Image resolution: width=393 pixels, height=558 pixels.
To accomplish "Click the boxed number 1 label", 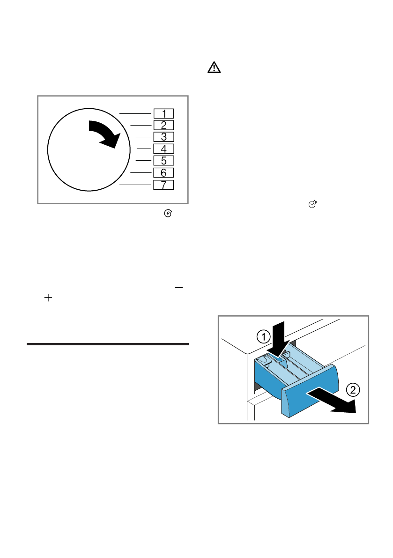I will click(x=163, y=113).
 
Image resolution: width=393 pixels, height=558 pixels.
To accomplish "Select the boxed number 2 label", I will click(x=163, y=125).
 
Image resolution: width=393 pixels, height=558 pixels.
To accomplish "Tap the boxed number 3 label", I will click(x=163, y=137).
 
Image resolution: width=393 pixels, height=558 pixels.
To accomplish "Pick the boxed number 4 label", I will click(x=163, y=149).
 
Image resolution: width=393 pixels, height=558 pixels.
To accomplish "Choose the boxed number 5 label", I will click(x=163, y=161).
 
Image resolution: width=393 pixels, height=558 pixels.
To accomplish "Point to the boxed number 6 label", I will click(x=163, y=173).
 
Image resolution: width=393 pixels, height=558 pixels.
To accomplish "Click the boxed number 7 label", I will click(x=163, y=185).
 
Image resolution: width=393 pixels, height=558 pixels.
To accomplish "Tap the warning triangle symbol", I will click(x=214, y=68).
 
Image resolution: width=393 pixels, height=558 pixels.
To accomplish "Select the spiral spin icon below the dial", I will click(x=169, y=214).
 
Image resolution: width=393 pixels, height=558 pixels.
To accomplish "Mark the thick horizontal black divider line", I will click(x=108, y=344).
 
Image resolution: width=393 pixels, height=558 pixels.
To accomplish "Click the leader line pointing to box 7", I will click(x=136, y=185).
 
